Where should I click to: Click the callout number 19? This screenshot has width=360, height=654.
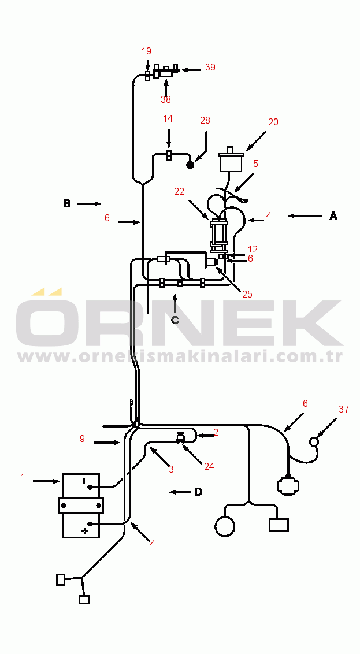tap(146, 51)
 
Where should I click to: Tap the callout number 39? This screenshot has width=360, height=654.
tap(210, 67)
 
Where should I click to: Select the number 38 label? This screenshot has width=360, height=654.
tap(166, 100)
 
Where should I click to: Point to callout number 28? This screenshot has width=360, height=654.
tap(205, 121)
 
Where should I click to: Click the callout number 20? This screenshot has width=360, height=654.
tap(273, 122)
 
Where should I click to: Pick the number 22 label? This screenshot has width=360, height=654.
tap(179, 191)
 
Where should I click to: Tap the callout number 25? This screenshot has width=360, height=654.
tap(247, 294)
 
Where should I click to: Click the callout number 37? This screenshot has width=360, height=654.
tap(344, 409)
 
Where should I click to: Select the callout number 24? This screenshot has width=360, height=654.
tap(209, 466)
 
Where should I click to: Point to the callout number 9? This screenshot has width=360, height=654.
tap(82, 439)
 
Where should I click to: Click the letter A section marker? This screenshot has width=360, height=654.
tap(333, 215)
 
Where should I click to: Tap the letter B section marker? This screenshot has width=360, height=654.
tap(67, 203)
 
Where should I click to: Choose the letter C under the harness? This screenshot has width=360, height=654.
tap(175, 320)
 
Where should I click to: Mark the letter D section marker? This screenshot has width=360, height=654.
tap(198, 492)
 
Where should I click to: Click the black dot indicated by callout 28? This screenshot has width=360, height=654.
tap(190, 165)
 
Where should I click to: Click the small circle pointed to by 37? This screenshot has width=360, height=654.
tap(314, 441)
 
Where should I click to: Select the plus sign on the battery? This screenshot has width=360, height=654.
tap(85, 531)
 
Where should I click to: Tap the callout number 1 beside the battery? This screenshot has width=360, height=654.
tap(23, 478)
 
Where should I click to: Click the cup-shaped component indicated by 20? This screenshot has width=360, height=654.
tap(231, 159)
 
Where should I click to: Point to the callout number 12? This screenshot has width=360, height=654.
tap(253, 250)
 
